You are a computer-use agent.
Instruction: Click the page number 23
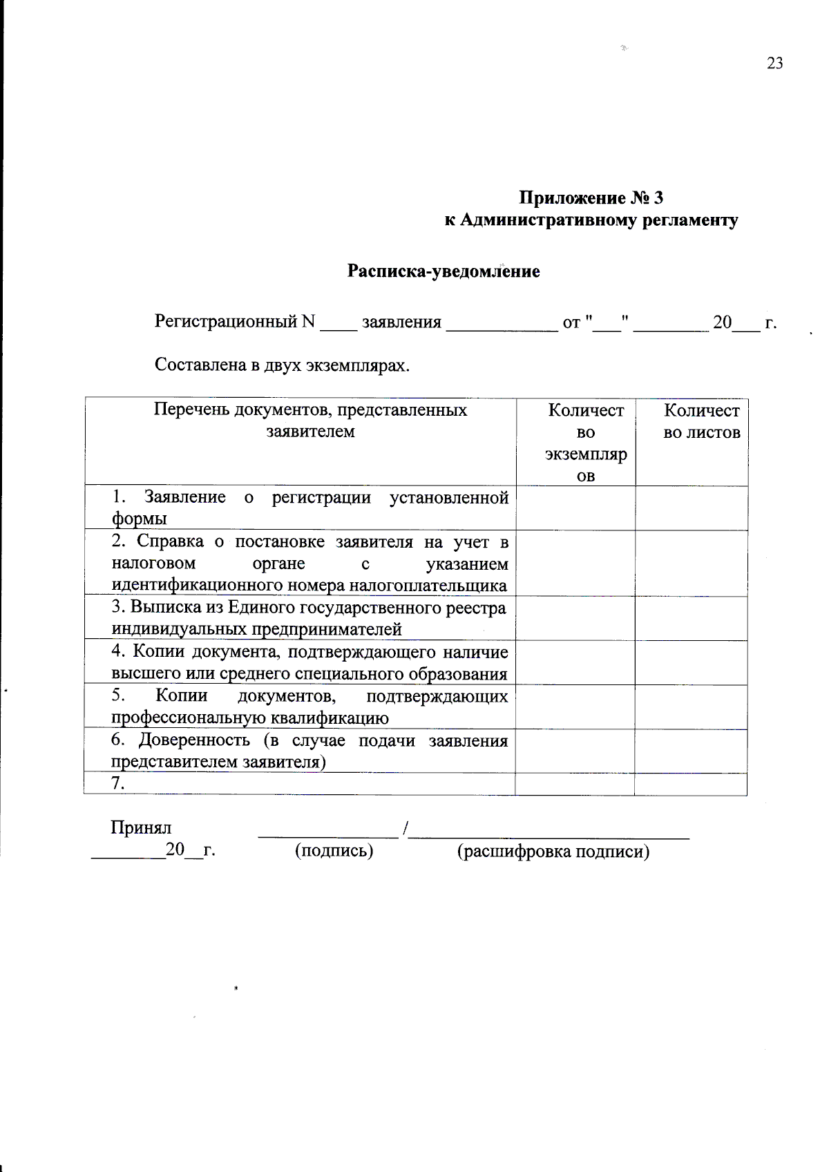[x=774, y=64]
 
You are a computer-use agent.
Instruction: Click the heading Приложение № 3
[x=591, y=198]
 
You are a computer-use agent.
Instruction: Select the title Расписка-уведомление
[x=443, y=271]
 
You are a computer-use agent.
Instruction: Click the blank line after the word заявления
[x=502, y=326]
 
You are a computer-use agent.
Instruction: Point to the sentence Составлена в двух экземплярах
[x=282, y=365]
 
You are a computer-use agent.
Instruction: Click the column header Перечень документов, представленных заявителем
[x=310, y=421]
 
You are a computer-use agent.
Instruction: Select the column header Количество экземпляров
[x=585, y=443]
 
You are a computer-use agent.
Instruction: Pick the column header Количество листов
[x=701, y=421]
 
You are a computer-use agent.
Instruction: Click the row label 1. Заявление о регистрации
[x=310, y=508]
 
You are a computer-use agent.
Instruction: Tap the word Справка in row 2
[x=170, y=541]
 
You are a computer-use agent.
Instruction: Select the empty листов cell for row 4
[x=691, y=663]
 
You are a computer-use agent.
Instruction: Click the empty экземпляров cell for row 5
[x=575, y=707]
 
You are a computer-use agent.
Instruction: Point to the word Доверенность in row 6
[x=194, y=740]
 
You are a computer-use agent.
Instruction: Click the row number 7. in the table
[x=118, y=783]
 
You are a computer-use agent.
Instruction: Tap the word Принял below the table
[x=141, y=827]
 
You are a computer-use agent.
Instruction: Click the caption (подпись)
[x=334, y=851]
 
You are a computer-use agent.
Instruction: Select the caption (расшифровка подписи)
[x=553, y=852]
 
